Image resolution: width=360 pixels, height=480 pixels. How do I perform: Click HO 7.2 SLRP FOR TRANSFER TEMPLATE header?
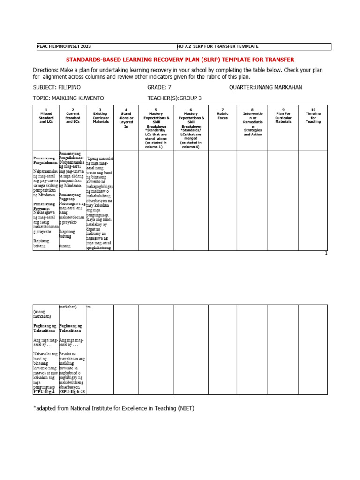pyautogui.click(x=217, y=46)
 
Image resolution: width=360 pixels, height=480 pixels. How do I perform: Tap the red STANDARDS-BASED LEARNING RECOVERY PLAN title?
pyautogui.click(x=180, y=60)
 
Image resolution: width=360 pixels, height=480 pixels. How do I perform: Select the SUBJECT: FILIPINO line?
pyautogui.click(x=57, y=88)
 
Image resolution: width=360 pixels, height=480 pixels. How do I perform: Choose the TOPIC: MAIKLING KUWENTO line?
pyautogui.click(x=68, y=98)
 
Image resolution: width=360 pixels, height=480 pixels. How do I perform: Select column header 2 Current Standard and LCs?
pyautogui.click(x=73, y=115)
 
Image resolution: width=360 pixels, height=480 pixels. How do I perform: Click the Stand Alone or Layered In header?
pyautogui.click(x=126, y=118)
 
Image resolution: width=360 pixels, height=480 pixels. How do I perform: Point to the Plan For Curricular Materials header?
pyautogui.click(x=283, y=115)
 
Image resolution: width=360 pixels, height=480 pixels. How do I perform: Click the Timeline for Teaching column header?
pyautogui.click(x=314, y=115)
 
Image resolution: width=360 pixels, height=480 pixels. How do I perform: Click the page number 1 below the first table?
pyautogui.click(x=326, y=254)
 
